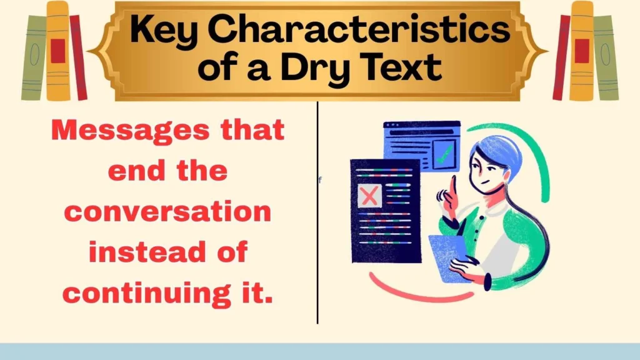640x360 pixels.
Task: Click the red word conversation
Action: [168, 212]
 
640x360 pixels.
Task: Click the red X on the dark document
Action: [369, 196]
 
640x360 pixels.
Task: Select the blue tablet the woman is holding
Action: [449, 256]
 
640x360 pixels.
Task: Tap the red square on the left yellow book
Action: [57, 51]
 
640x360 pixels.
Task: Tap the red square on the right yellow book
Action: [582, 51]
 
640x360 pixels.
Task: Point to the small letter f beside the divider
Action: [320, 180]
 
